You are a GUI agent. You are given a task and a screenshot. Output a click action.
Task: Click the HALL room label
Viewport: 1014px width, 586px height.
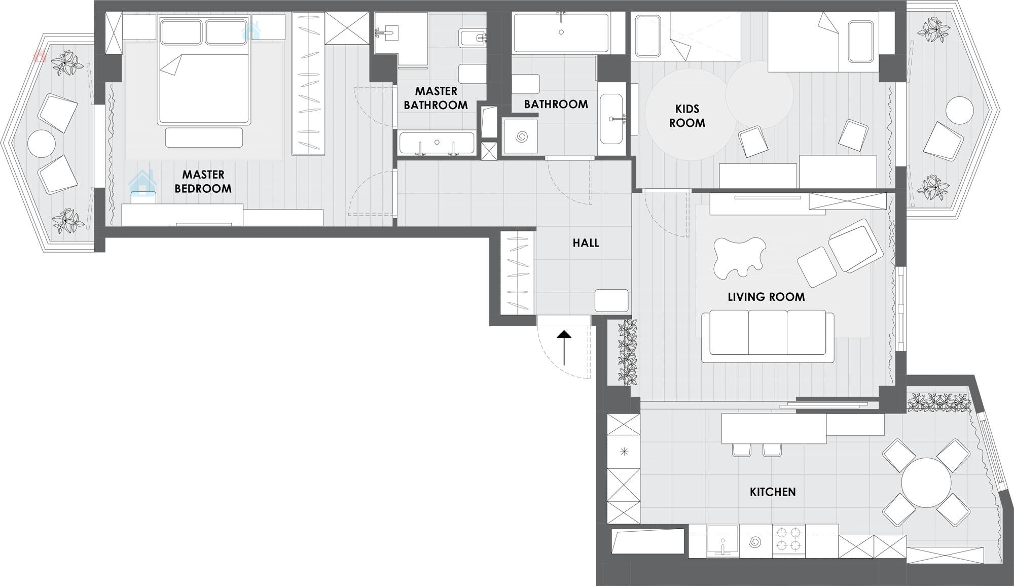point(586,243)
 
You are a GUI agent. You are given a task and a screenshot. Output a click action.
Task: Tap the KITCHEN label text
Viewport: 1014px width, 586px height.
point(773,492)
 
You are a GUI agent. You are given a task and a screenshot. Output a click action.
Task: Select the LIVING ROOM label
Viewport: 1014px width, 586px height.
point(766,297)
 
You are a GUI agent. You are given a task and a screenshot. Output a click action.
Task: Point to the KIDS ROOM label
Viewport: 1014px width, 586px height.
point(687,116)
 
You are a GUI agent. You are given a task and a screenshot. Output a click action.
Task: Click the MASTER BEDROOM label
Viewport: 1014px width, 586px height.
point(203,182)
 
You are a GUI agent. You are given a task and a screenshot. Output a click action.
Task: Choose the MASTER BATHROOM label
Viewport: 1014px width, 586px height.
point(436,98)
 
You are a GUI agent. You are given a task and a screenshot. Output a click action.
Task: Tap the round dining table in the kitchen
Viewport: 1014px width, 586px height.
point(926,482)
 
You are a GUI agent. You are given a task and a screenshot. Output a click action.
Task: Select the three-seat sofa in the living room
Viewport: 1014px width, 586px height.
point(768,336)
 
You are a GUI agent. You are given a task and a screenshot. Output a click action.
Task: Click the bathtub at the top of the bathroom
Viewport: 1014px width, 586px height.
point(561,33)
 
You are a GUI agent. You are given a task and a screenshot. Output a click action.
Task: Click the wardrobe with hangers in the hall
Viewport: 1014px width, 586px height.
point(518,272)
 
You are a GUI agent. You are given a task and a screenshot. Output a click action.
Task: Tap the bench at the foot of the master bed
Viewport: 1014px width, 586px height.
point(204,137)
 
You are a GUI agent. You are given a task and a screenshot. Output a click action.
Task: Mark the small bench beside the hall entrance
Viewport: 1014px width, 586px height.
point(611,300)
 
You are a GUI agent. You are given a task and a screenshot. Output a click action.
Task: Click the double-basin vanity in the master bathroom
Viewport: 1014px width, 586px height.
point(437,143)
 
